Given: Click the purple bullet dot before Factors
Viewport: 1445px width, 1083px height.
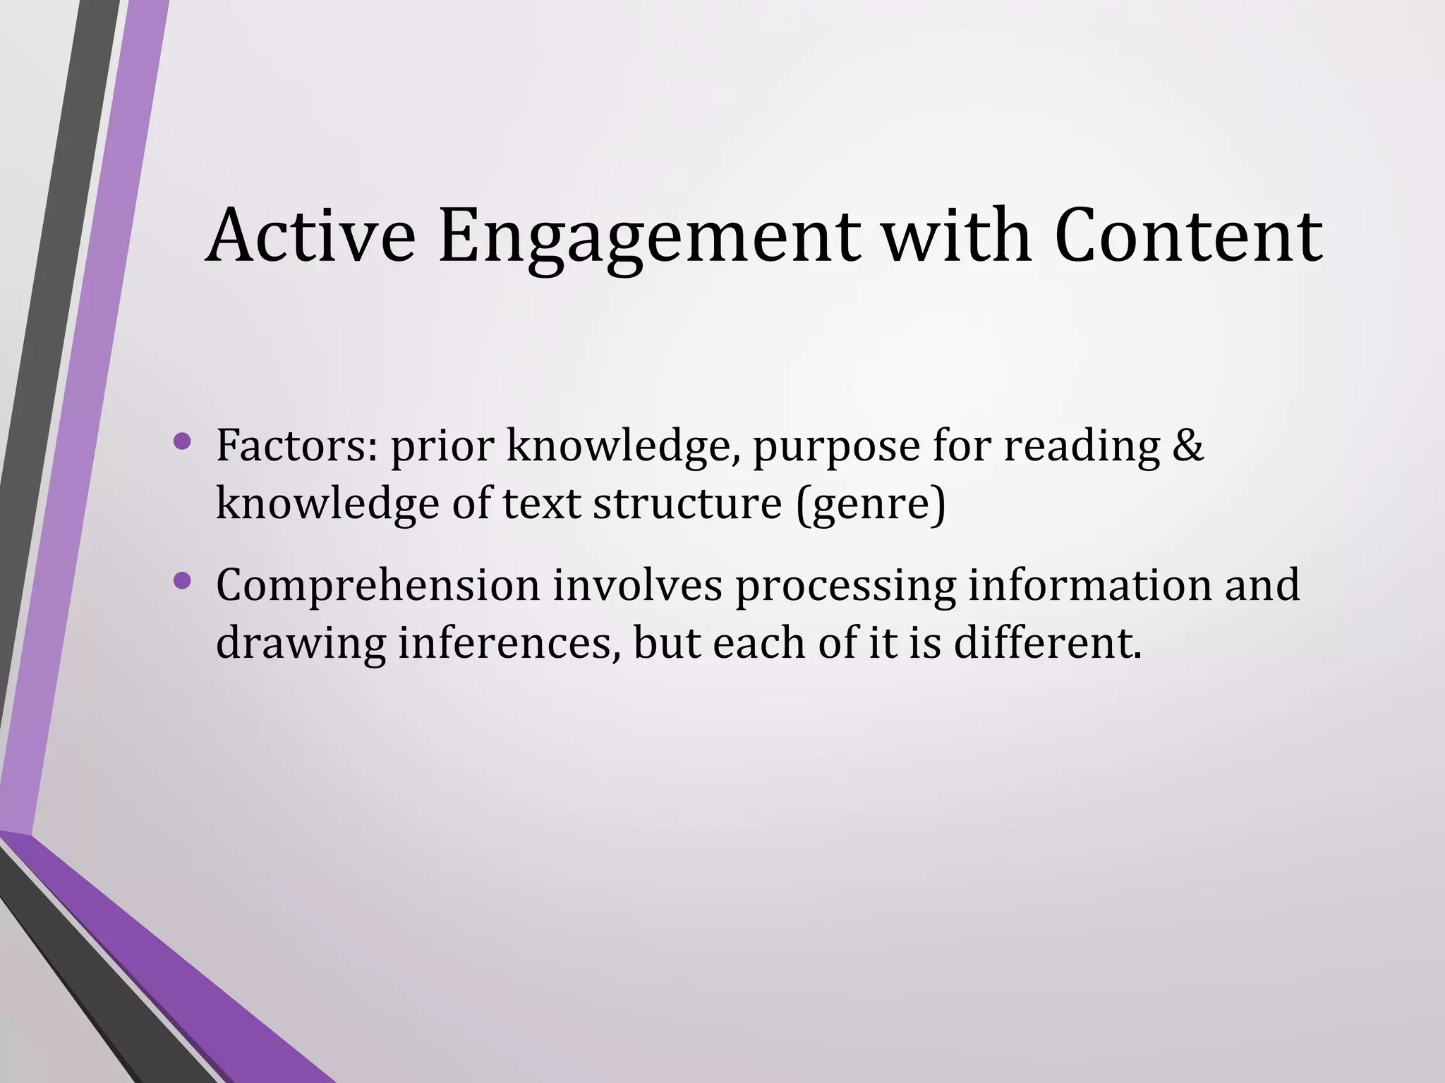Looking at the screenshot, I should pyautogui.click(x=182, y=442).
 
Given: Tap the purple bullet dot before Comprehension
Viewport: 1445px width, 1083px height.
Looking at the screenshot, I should pyautogui.click(x=182, y=581).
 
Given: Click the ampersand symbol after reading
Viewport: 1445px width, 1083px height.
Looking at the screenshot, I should pyautogui.click(x=1187, y=446).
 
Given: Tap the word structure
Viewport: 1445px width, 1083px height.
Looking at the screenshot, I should pyautogui.click(x=687, y=503).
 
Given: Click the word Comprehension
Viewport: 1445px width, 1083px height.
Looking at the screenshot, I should pyautogui.click(x=378, y=587).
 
